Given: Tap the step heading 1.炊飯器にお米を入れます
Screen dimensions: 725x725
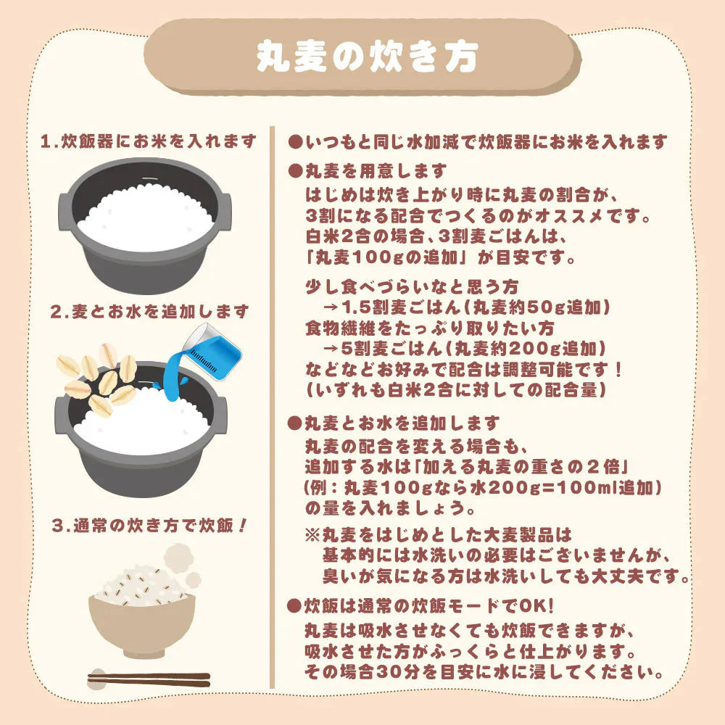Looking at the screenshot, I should coord(149,141).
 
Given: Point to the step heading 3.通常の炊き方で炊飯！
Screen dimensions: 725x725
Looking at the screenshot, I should coord(149,525).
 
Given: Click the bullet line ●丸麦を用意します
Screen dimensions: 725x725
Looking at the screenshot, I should coord(368,171).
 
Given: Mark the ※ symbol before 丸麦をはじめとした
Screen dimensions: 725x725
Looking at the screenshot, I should coord(312,535).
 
